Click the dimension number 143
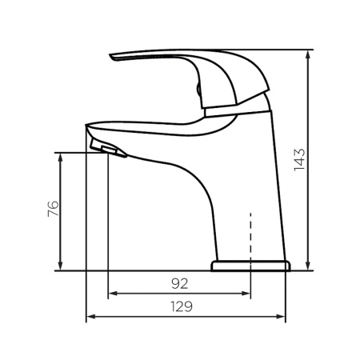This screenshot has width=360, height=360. pos(299,160)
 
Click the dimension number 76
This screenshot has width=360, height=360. pos(53,209)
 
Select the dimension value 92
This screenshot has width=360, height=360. pos(180,283)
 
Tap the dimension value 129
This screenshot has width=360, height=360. pos(182,306)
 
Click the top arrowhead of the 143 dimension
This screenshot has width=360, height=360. pos(308,54)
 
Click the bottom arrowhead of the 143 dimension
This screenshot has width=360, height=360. pos(308,266)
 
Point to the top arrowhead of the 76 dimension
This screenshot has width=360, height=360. pos(60,158)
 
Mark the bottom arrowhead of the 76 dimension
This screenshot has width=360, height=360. pos(60,266)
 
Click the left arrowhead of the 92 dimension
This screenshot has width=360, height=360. pos(114,294)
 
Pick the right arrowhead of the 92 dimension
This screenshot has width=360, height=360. pos(246,294)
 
